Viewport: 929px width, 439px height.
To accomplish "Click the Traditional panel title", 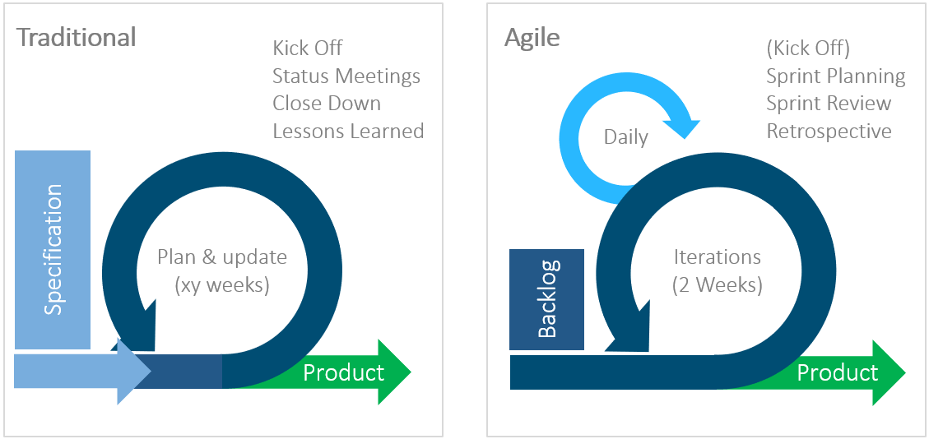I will [77, 38].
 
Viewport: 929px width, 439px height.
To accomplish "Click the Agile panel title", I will [532, 38].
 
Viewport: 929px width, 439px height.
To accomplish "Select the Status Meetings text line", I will [346, 76].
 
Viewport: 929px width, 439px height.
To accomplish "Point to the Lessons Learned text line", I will [348, 131].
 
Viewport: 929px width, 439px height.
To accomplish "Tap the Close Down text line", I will [327, 104].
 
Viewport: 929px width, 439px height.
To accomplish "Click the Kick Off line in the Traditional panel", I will [308, 49].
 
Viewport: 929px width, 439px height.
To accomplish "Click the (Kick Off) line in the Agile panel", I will [808, 49].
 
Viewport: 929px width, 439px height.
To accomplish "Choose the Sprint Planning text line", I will [835, 76].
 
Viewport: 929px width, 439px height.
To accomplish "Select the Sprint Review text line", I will [829, 104].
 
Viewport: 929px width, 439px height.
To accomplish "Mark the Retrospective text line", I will [829, 131].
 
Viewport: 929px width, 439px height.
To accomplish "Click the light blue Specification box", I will [53, 249].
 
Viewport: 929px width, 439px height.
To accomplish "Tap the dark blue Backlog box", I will [546, 299].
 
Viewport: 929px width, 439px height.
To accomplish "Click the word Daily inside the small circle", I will [625, 137].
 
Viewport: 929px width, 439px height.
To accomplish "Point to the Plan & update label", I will [222, 257].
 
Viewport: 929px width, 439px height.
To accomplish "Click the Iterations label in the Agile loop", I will [717, 257].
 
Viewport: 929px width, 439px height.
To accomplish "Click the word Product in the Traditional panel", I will [343, 372].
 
